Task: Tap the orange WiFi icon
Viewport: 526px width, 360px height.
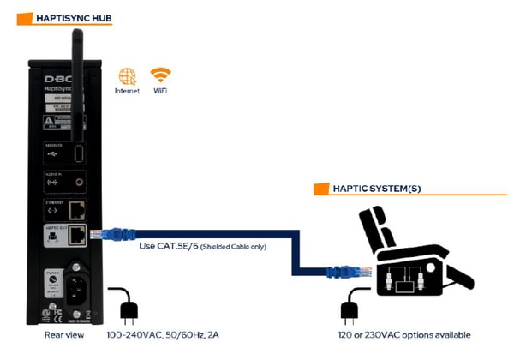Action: (160, 75)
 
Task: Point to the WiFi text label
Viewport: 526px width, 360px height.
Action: (160, 90)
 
